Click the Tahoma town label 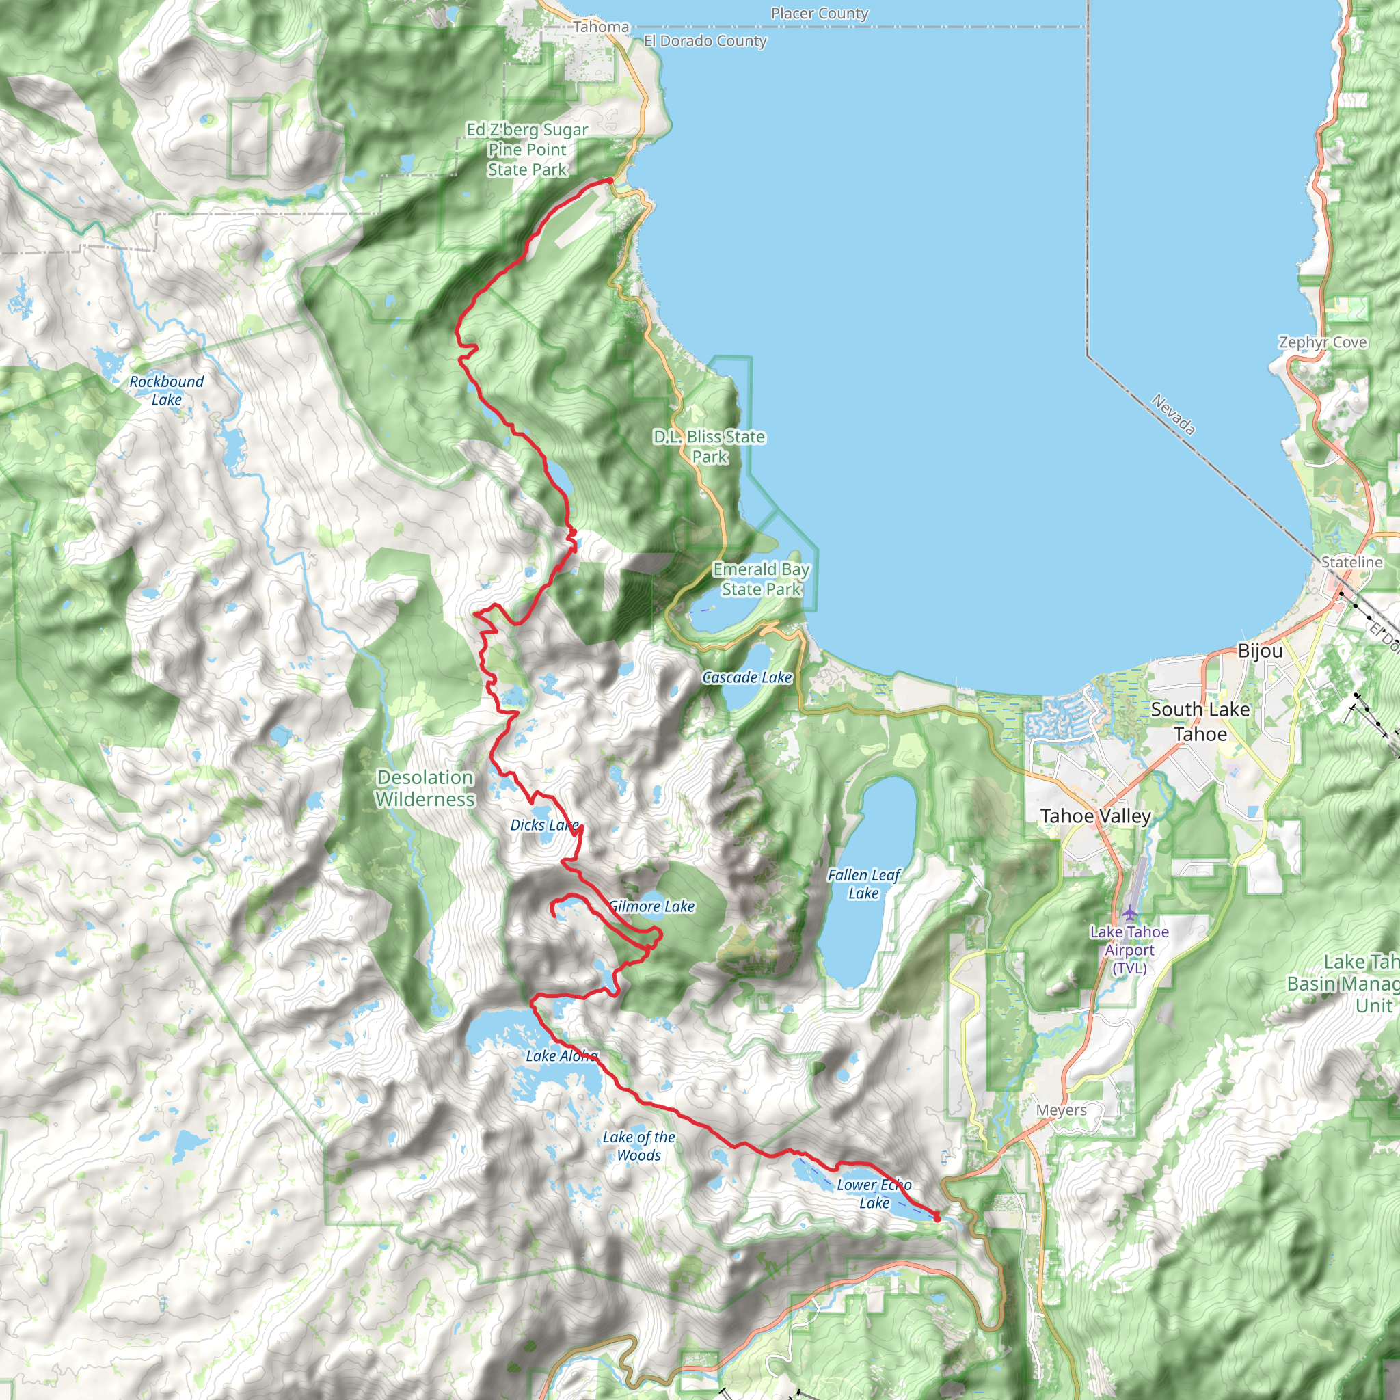(601, 27)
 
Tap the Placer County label (819, 13)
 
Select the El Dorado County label (705, 40)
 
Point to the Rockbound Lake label (167, 390)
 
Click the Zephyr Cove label (1323, 342)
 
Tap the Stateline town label (1351, 562)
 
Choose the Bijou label (1259, 651)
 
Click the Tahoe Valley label (1095, 816)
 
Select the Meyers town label (1061, 1109)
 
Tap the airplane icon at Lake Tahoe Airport (1130, 913)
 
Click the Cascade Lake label (747, 677)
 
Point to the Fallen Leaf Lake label (864, 884)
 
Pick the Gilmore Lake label (651, 906)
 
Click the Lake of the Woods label (638, 1146)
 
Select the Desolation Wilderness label (425, 787)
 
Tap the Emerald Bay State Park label (761, 579)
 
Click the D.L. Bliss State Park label (710, 446)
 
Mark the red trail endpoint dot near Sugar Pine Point (610, 180)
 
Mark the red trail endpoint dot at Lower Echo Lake (937, 1218)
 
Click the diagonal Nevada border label (1173, 414)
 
